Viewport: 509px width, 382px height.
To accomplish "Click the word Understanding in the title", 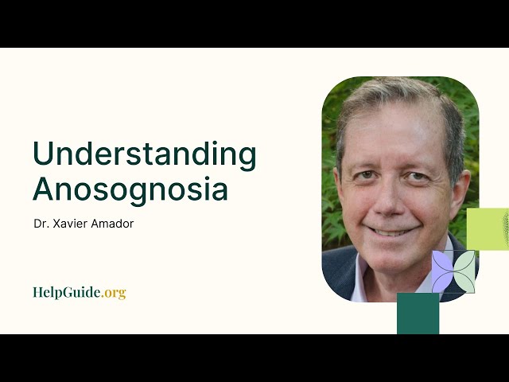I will pos(144,154).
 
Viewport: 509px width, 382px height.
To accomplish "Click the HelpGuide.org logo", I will pos(79,292).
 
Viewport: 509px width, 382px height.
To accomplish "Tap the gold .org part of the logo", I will pos(114,292).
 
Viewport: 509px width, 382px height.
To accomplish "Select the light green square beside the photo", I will pos(487,229).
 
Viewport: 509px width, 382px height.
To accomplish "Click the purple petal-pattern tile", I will pos(443,272).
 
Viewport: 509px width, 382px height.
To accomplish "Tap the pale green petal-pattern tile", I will pos(464,272).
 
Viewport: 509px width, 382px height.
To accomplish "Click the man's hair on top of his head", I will pos(398,99).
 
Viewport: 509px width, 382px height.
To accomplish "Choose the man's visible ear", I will pos(457,183).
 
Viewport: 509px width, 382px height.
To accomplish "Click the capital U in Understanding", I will pos(43,154).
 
